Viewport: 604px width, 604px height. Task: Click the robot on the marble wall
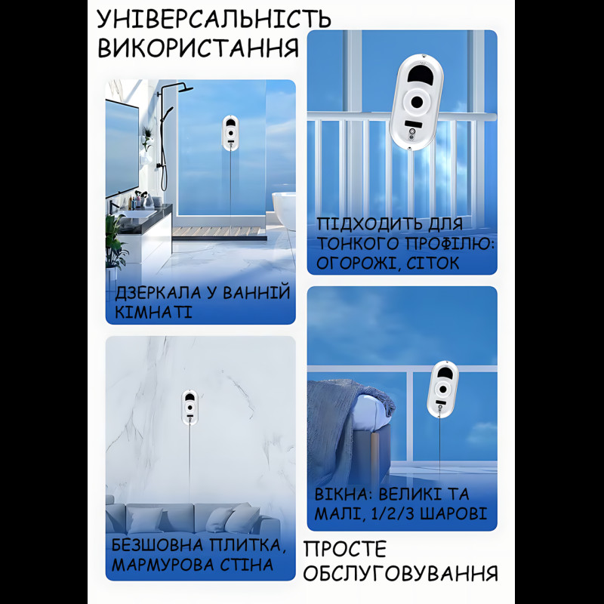point(190,406)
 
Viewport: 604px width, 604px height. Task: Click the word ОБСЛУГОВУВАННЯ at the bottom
point(401,572)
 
